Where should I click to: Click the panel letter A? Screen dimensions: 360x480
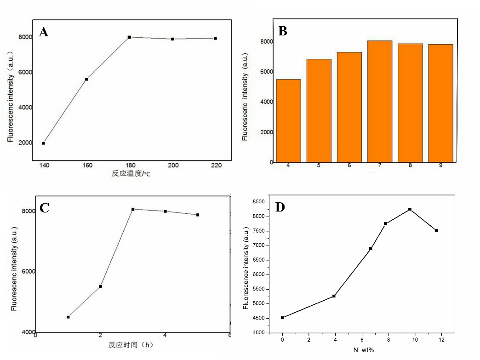[44, 32]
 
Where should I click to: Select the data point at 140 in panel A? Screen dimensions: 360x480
[43, 143]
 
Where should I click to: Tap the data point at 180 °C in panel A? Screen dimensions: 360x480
[129, 37]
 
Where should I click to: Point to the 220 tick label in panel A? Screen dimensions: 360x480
[215, 166]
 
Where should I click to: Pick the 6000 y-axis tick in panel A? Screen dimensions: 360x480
[25, 72]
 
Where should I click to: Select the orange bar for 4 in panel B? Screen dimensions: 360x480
[288, 120]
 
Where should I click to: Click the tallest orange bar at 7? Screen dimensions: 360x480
[379, 101]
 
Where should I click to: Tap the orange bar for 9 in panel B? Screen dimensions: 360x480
[440, 103]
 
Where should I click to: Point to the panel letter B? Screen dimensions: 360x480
[283, 31]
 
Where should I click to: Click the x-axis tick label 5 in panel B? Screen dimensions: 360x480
[319, 165]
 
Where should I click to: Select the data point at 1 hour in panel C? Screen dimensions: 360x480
[68, 317]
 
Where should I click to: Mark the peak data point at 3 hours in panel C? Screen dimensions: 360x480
[132, 209]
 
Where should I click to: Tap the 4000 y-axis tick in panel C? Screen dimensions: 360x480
[26, 332]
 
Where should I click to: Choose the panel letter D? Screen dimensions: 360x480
[280, 207]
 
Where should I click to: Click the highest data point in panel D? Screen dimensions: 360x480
[410, 209]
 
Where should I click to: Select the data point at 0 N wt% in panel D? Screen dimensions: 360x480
[282, 317]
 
